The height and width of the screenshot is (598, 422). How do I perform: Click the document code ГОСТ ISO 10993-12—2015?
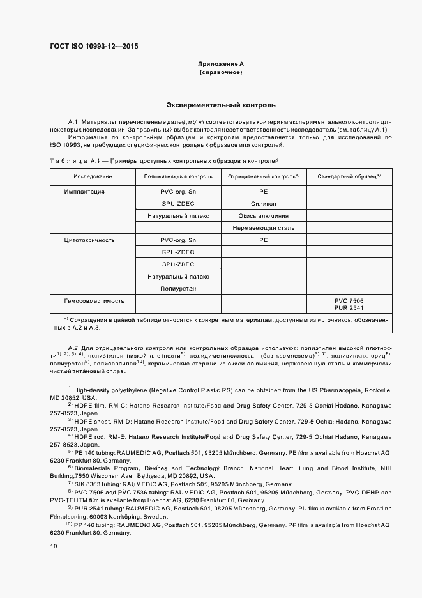tap(93, 47)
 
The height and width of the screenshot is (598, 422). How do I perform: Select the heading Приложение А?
tap(220, 65)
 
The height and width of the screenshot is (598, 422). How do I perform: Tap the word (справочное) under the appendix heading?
tap(220, 73)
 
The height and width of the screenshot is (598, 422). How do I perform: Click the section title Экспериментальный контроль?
tap(220, 104)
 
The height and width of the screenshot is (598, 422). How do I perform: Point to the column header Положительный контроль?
tap(178, 176)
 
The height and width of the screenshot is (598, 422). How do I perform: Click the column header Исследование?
tap(93, 176)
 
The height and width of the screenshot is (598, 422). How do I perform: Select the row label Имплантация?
tap(84, 192)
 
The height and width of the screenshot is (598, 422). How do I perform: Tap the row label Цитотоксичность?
tap(89, 240)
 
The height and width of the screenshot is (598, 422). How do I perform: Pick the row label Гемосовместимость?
tap(93, 300)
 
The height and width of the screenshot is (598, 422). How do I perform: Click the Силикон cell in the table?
tap(263, 204)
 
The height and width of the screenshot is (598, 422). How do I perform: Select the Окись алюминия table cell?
tap(263, 216)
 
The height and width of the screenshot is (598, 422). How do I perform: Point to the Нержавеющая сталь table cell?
tap(263, 228)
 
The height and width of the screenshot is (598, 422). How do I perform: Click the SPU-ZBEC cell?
tap(178, 264)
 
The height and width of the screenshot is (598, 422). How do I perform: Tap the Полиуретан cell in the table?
tap(178, 289)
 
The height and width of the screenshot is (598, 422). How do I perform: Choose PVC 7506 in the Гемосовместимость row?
tap(349, 300)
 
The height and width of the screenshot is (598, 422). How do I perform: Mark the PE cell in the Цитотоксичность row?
tap(263, 240)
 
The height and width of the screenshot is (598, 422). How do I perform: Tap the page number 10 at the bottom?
tap(54, 546)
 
